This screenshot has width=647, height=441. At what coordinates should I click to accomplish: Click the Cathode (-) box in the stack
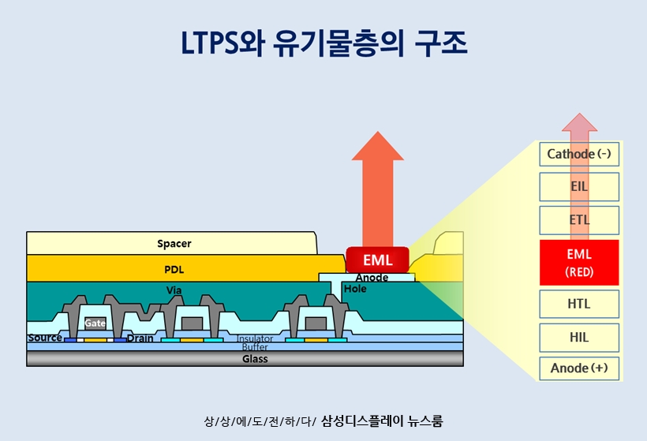[x=579, y=154]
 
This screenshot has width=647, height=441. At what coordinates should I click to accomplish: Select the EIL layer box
[x=579, y=187]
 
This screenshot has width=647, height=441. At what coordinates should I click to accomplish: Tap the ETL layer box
[x=579, y=220]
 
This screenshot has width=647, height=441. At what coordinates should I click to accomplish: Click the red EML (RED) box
[x=579, y=263]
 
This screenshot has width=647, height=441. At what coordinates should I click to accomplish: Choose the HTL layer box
[x=579, y=304]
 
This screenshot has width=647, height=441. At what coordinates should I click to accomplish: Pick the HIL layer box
[x=579, y=337]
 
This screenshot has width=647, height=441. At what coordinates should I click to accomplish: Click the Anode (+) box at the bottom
[x=579, y=368]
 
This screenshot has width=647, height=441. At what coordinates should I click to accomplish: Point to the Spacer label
[x=174, y=244]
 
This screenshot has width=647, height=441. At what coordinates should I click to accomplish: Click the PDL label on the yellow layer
[x=174, y=269]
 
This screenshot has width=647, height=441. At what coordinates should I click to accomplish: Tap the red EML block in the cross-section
[x=377, y=260]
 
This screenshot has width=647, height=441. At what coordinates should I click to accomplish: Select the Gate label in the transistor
[x=95, y=323]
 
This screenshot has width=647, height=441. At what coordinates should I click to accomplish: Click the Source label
[x=45, y=338]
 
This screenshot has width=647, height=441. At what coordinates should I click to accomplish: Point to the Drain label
[x=140, y=338]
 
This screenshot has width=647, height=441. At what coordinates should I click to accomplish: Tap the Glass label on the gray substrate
[x=255, y=359]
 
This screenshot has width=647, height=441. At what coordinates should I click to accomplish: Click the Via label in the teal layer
[x=174, y=290]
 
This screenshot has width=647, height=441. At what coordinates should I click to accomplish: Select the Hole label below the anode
[x=355, y=290]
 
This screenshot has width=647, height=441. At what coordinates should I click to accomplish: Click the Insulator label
[x=255, y=339]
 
